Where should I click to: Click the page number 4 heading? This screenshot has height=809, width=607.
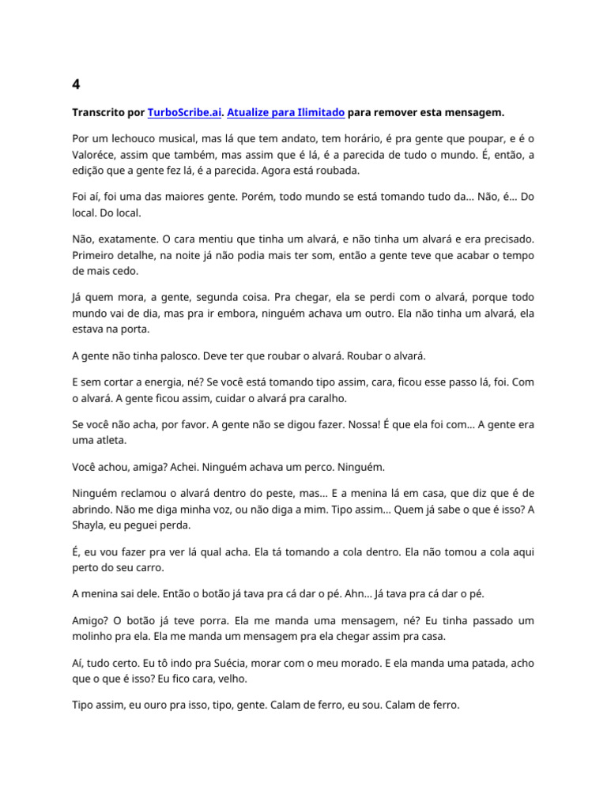pos(76,84)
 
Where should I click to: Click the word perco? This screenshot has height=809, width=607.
pos(313,468)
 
